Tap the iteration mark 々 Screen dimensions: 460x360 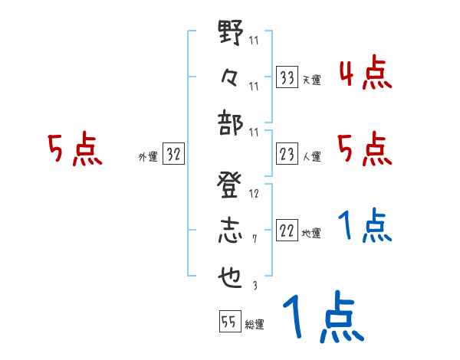(230, 76)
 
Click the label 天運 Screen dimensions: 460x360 (311, 80)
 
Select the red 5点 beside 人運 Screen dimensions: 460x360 (365, 150)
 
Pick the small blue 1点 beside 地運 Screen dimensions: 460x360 (365, 225)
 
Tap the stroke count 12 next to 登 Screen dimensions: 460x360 (254, 194)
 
